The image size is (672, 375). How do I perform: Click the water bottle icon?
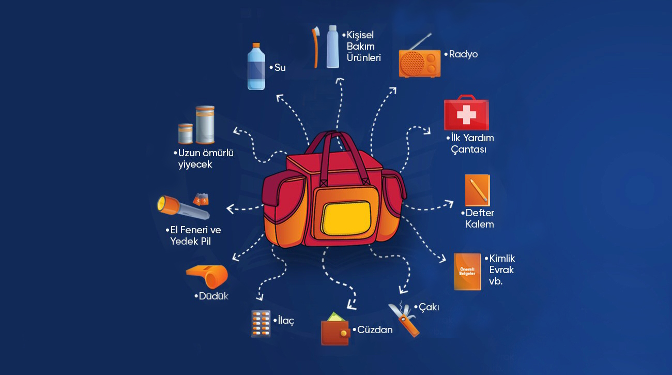256,67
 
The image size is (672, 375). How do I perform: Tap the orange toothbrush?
314,47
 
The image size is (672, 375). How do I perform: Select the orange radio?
419,62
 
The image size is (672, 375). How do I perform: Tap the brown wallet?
335,332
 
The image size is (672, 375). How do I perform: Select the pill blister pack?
261,324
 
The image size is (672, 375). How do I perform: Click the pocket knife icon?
404,318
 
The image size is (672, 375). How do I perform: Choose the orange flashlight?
182,207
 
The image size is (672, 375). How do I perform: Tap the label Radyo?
463,54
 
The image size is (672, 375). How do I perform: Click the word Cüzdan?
375,329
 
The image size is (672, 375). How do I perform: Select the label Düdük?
213,296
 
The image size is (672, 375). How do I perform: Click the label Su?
280,68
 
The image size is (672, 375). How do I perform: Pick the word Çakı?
429,307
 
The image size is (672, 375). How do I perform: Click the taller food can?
205,124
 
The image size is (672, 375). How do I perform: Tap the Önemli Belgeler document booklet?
467,271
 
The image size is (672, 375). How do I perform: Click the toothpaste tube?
333,48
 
